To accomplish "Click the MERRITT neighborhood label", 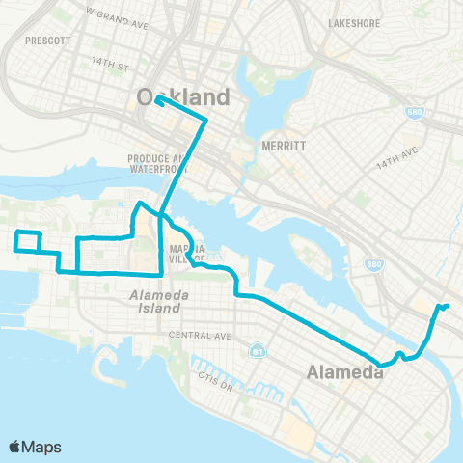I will [x=283, y=148].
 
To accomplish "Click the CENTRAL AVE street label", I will [x=200, y=337].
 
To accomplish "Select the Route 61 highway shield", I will [x=256, y=349].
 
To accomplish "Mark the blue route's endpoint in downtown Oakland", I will [x=156, y=98].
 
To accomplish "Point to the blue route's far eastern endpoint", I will [x=448, y=307].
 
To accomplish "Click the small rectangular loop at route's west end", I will [x=28, y=241].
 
